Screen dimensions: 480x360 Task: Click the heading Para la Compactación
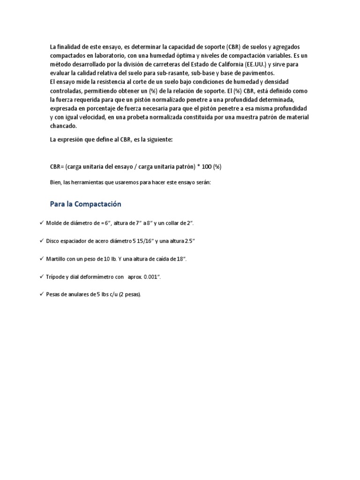tap(85, 204)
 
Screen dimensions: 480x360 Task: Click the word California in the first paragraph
tap(226, 64)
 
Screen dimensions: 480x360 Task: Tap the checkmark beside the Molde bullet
tap(41, 223)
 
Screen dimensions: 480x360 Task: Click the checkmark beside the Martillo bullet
tap(41, 258)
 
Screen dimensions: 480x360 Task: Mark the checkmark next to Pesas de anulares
tap(41, 294)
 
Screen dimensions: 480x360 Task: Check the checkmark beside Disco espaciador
tap(41, 240)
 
